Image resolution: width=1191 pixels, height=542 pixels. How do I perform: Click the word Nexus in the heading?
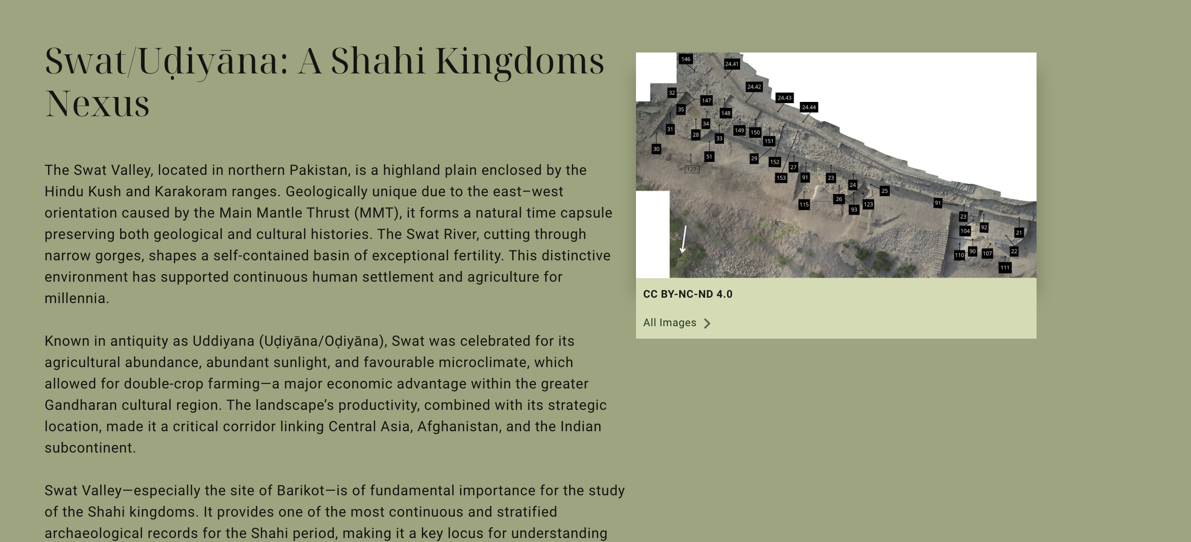(x=97, y=104)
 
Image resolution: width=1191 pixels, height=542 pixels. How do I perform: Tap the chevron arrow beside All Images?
(x=707, y=323)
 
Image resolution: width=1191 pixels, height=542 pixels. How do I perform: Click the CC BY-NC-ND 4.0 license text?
(x=688, y=294)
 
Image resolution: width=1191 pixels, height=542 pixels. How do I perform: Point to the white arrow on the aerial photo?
(x=683, y=239)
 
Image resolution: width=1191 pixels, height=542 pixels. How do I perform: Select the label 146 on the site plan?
(x=686, y=59)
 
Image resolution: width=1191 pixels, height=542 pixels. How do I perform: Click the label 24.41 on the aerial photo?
(x=731, y=64)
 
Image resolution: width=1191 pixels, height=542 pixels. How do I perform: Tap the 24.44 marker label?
(x=809, y=107)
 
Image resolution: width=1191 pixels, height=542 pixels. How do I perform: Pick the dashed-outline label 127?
(x=692, y=169)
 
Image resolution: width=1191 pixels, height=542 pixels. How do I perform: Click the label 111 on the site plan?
(x=1005, y=268)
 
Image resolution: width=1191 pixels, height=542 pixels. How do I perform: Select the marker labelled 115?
(x=804, y=204)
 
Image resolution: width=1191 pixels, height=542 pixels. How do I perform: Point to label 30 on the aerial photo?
(x=656, y=149)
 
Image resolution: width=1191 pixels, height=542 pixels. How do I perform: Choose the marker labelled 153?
(x=781, y=178)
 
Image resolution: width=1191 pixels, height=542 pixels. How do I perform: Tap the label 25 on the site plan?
(x=884, y=190)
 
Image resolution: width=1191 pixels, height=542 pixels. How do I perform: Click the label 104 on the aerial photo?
(x=965, y=231)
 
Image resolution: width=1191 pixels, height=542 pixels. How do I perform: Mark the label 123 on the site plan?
(x=868, y=204)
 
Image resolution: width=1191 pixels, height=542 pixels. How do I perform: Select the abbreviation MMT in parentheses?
(x=377, y=213)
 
